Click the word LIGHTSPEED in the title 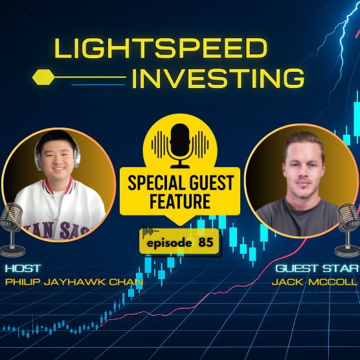(x=161, y=49)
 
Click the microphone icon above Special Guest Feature (x=179, y=142)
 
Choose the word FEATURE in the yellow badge (x=180, y=201)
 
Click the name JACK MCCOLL (x=319, y=283)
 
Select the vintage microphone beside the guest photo (x=348, y=227)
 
